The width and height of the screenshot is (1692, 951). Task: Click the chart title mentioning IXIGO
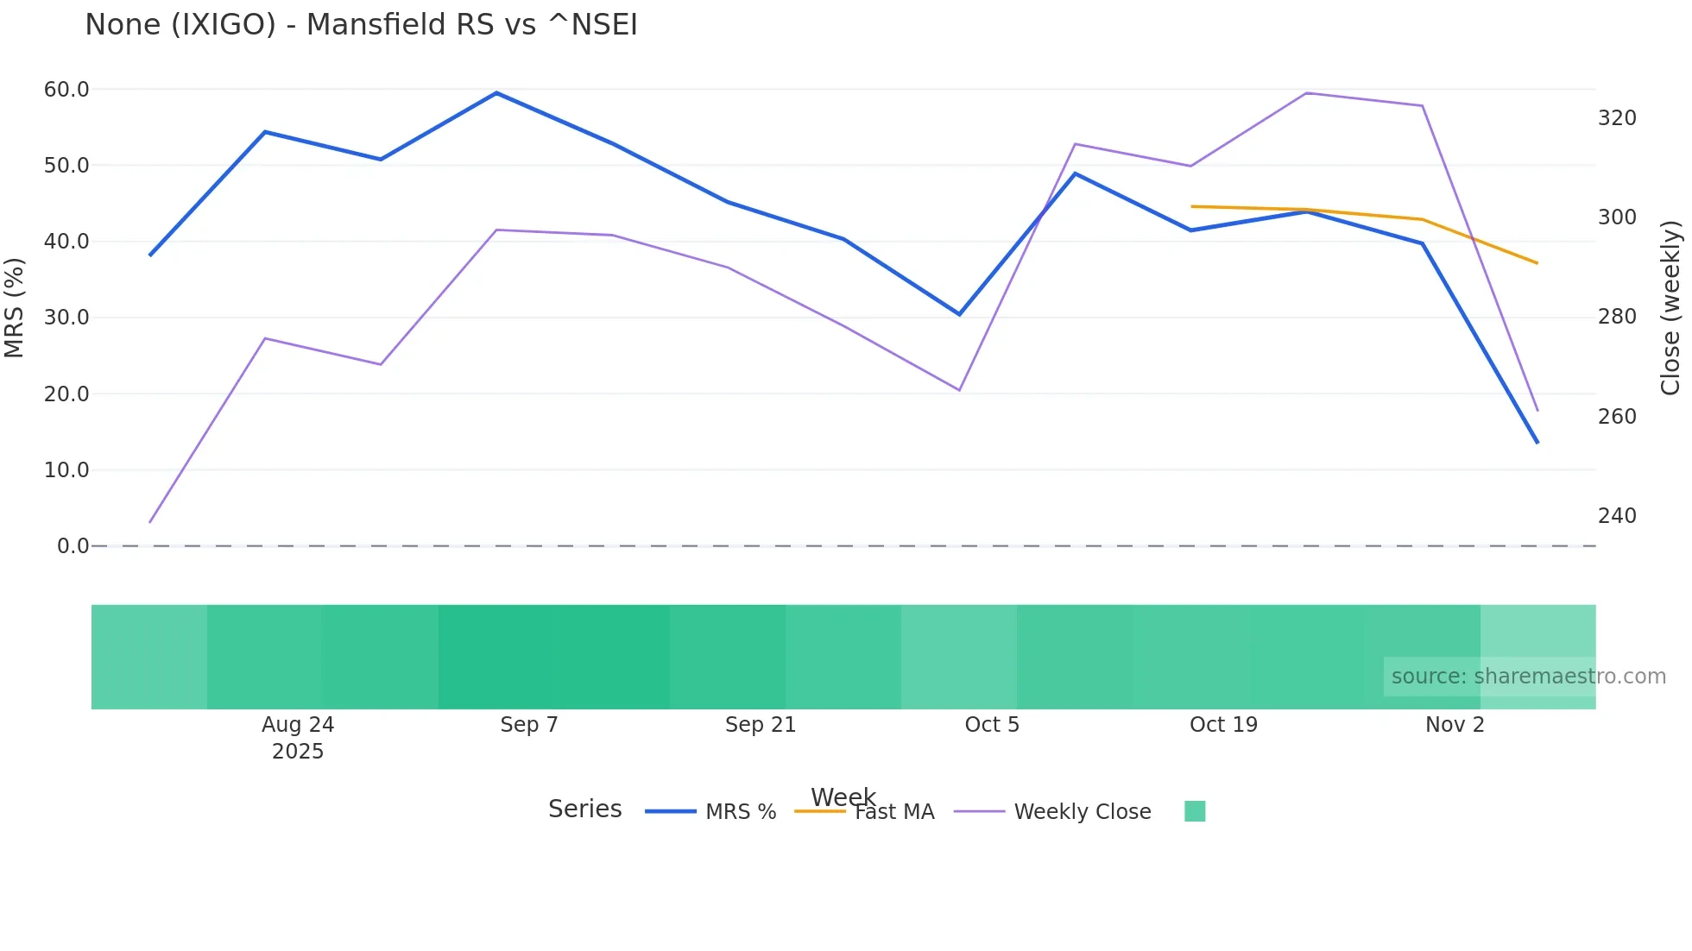tap(361, 25)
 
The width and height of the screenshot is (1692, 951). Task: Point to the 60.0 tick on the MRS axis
tap(66, 90)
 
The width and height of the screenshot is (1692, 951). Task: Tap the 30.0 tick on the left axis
tap(66, 318)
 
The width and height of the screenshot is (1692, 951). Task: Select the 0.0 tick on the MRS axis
tap(73, 546)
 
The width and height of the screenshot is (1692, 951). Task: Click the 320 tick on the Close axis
tap(1617, 118)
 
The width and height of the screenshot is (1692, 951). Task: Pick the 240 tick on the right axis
tap(1617, 516)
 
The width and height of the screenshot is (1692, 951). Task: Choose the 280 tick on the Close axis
tap(1617, 317)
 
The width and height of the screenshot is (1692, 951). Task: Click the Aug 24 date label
tap(298, 725)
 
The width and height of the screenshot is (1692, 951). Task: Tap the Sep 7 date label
tap(529, 725)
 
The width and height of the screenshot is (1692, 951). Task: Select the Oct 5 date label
tap(992, 725)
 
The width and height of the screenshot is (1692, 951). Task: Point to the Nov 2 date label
tap(1455, 725)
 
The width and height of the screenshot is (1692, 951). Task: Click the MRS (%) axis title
tap(15, 308)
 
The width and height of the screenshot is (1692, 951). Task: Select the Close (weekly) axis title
tap(1671, 308)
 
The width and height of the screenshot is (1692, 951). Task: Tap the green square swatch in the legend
tap(1195, 811)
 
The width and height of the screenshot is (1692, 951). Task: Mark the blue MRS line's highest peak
tap(496, 92)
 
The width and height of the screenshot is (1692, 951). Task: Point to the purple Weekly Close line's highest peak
tap(1306, 93)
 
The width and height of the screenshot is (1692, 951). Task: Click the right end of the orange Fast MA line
tap(1537, 262)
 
